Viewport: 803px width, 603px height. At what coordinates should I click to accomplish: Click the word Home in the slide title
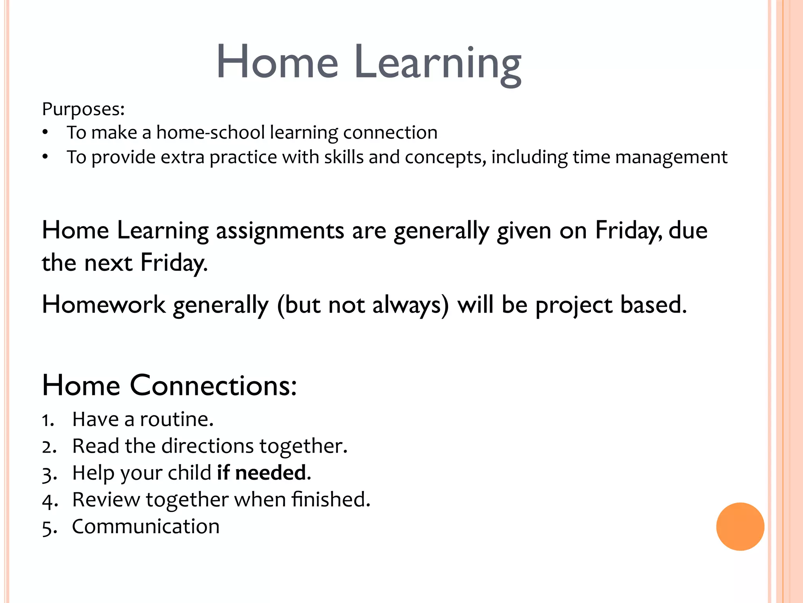click(x=277, y=62)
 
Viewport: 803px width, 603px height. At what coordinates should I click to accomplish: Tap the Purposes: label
click(x=83, y=109)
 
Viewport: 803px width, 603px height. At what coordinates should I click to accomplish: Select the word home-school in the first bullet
click(x=211, y=133)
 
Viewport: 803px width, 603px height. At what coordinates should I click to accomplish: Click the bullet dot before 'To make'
click(x=45, y=133)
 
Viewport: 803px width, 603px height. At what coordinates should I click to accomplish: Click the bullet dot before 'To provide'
click(x=45, y=157)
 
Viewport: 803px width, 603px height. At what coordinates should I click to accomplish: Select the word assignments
click(x=280, y=231)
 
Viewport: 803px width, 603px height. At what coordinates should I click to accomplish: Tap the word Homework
click(x=104, y=305)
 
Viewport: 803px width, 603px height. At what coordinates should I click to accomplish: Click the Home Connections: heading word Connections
click(x=213, y=386)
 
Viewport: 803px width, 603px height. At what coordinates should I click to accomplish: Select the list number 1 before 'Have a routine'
click(x=48, y=420)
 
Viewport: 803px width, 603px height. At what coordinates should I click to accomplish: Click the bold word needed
click(x=271, y=473)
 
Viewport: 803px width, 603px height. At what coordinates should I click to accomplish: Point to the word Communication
click(x=145, y=526)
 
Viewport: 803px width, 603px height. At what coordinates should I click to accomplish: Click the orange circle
click(x=740, y=526)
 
